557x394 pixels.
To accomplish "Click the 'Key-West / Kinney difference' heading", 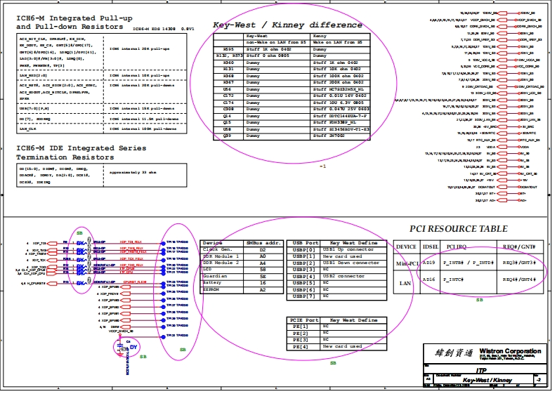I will (287, 25).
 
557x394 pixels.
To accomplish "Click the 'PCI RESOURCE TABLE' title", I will (458, 229).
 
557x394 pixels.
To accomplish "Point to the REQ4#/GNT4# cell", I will (519, 280).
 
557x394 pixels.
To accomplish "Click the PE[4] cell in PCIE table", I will (300, 346).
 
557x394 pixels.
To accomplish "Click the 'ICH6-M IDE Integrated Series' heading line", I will (81, 148).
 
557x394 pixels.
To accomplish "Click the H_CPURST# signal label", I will (32, 283).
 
